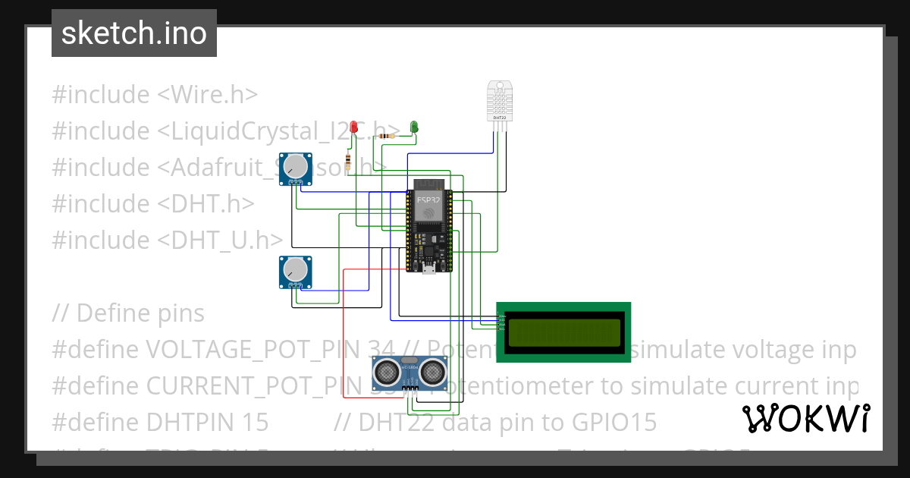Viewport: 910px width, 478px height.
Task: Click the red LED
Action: [x=354, y=126]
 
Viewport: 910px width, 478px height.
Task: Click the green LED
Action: [x=414, y=126]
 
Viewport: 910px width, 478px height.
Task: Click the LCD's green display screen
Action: [x=563, y=331]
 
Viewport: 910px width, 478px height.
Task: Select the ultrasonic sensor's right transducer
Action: [x=431, y=371]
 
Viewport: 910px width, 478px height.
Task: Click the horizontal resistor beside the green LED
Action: [x=388, y=136]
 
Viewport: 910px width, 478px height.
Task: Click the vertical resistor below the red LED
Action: [x=347, y=162]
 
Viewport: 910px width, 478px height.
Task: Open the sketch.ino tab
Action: [x=134, y=33]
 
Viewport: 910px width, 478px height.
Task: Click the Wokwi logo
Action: [x=805, y=418]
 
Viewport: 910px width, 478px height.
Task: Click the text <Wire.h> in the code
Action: [x=207, y=95]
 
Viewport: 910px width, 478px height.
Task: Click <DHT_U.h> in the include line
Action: [x=221, y=241]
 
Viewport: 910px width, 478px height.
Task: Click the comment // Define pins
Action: [x=128, y=313]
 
